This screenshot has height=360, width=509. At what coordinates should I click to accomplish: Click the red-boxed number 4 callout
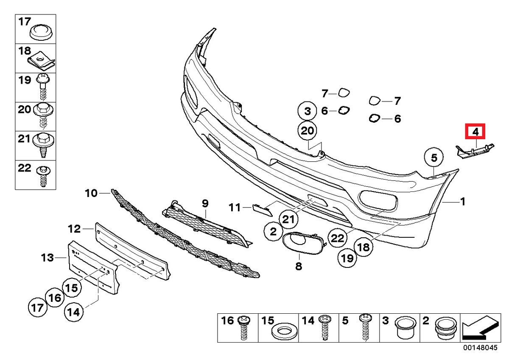[x=475, y=132]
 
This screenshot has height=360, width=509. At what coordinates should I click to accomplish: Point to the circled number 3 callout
[x=307, y=111]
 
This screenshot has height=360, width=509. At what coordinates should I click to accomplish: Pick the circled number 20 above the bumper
[x=307, y=131]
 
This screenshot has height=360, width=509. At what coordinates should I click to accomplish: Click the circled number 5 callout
[x=433, y=157]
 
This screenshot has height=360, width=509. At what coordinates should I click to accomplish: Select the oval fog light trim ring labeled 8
[x=303, y=243]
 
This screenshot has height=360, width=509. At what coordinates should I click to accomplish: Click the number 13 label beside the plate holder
[x=47, y=258]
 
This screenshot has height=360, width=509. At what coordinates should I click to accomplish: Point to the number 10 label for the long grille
[x=91, y=193]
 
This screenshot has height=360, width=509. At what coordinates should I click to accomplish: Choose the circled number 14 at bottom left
[x=74, y=312]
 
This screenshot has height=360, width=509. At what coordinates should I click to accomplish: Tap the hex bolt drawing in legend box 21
[x=43, y=145]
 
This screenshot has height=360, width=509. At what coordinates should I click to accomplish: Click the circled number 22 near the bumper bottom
[x=338, y=238]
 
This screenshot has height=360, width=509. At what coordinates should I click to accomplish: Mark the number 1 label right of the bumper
[x=462, y=202]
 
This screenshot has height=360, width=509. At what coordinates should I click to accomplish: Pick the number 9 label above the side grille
[x=205, y=203]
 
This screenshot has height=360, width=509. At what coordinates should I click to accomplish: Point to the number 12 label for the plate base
[x=74, y=229]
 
